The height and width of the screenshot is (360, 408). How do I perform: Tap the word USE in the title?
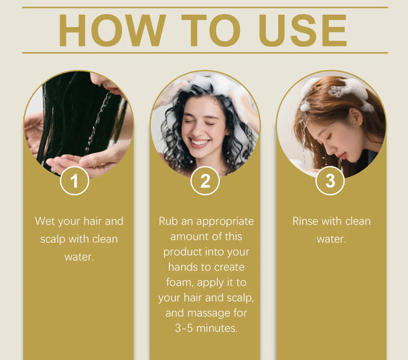(303, 30)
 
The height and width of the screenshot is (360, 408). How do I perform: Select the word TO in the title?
(211, 30)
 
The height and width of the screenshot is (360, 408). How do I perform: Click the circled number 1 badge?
(75, 181)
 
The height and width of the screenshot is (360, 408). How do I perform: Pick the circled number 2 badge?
(205, 181)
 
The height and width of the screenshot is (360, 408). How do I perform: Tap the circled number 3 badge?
(330, 181)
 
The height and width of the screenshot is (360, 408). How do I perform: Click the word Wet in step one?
(45, 221)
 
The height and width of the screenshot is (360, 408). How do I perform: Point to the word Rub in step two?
(168, 221)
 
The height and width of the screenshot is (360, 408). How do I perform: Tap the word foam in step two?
(179, 283)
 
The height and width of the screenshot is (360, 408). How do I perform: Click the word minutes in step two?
(217, 328)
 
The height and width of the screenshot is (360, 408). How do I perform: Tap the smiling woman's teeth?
(200, 142)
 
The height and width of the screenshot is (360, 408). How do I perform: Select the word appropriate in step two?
(225, 222)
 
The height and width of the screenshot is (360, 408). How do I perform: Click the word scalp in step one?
(53, 239)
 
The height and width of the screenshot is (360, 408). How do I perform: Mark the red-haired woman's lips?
(342, 155)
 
